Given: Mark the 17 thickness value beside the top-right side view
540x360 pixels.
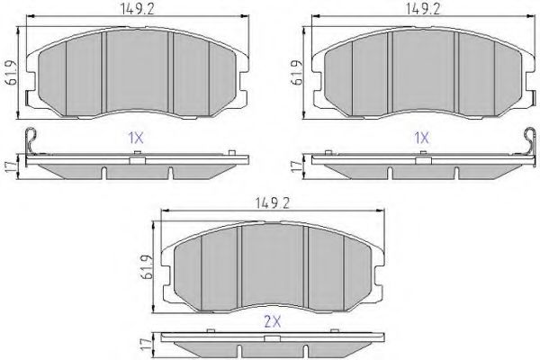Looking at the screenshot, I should (x=294, y=166).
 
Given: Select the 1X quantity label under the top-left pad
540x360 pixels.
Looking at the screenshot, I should (x=135, y=139).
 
